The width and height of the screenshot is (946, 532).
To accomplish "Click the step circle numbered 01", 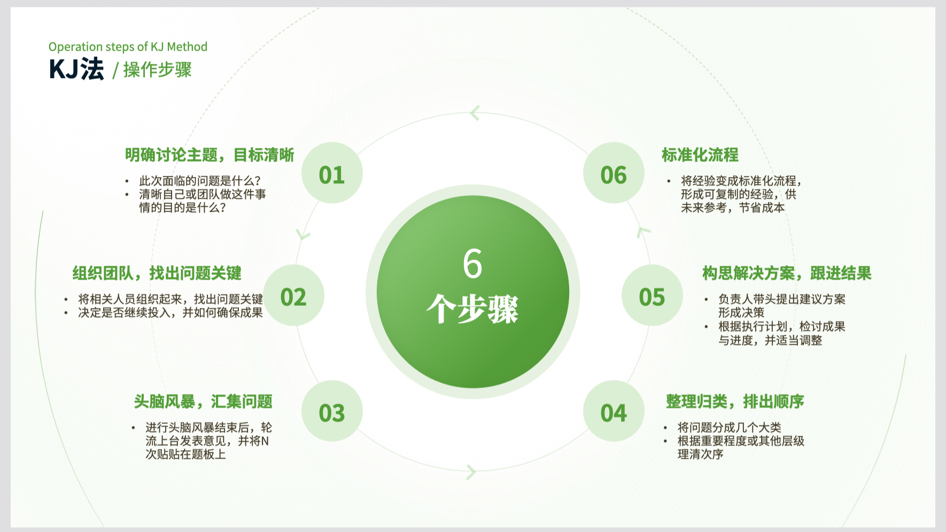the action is point(332,173).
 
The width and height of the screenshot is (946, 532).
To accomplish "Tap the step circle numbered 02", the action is point(293,295).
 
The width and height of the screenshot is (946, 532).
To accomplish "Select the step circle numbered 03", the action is point(332,411).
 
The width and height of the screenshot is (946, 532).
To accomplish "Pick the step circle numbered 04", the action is point(614,411).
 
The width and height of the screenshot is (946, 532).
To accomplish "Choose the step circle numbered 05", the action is point(652,295).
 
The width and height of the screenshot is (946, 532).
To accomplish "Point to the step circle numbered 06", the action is point(614,173).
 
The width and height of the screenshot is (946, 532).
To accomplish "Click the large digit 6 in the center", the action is point(472,263).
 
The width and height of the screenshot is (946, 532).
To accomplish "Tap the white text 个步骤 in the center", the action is point(472,309).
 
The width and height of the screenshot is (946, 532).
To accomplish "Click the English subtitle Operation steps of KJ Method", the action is point(128,47).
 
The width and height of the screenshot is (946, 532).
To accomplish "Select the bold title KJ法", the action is point(76,70).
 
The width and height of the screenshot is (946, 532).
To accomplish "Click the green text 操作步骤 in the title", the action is point(158,70).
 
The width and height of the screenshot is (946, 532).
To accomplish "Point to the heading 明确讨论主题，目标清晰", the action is point(210,155).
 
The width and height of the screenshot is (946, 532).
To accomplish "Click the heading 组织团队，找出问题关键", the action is point(157,273).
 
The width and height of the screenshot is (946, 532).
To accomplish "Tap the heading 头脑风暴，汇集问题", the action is point(203,402).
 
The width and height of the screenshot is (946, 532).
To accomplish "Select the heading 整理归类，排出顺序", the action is point(735,402).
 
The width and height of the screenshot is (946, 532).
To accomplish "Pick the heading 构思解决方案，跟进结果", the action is point(787,273).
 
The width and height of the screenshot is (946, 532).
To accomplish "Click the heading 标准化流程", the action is point(700,155).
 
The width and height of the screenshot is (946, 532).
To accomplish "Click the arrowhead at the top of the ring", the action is point(475,113).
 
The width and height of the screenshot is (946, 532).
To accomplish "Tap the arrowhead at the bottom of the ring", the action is point(471,472).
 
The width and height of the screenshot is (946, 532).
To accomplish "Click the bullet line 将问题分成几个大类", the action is point(730,427).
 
